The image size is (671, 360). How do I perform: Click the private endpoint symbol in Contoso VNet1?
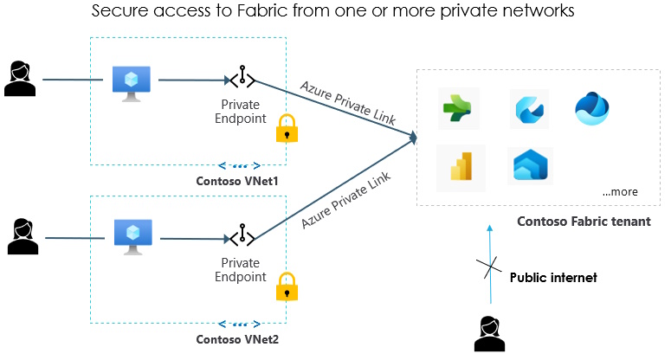pyautogui.click(x=242, y=80)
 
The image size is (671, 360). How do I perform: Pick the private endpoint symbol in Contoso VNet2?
pyautogui.click(x=242, y=236)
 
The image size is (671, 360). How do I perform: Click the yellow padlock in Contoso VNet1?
pyautogui.click(x=287, y=128)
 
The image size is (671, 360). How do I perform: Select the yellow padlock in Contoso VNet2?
pyautogui.click(x=287, y=286)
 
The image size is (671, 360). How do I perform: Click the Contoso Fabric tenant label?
pyautogui.click(x=584, y=222)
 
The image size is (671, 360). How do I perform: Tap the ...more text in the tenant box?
pyautogui.click(x=619, y=191)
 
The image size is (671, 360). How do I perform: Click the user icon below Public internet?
pyautogui.click(x=491, y=333)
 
